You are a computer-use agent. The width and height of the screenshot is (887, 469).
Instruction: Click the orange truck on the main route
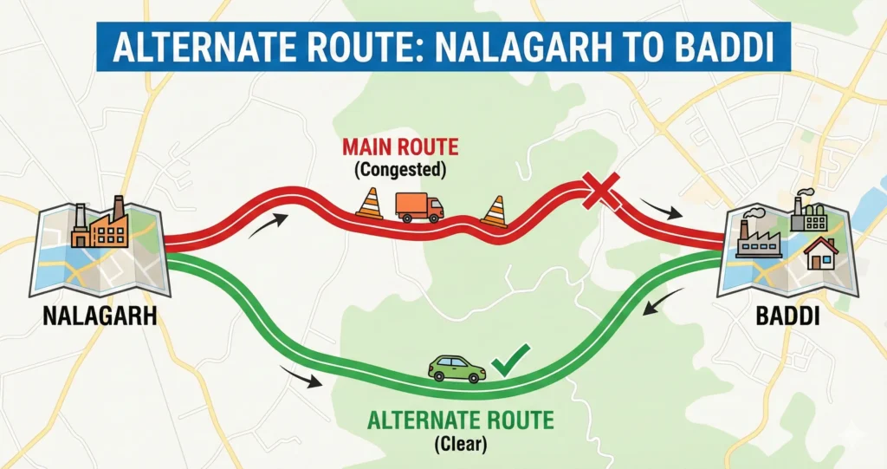pos(419,206)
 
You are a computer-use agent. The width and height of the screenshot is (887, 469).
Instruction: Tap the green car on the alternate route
pos(456,368)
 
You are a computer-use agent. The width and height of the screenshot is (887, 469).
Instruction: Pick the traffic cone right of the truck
pos(494,211)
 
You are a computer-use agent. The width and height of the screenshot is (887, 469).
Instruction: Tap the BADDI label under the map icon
pos(787,315)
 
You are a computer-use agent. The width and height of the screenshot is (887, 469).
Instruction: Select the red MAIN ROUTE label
pos(400,148)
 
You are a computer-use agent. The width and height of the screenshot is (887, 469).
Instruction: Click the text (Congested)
pos(400,170)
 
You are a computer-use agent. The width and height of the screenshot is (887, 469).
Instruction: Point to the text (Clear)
pos(460,446)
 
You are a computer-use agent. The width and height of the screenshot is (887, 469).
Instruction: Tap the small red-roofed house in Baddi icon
pos(820,253)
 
